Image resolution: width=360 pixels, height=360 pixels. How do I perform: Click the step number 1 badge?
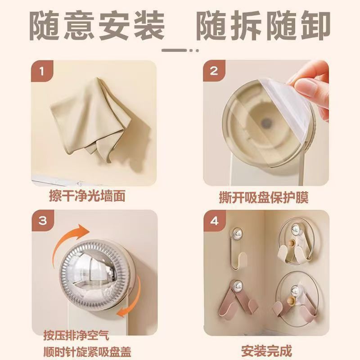42,72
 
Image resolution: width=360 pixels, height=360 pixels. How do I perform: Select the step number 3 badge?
42,220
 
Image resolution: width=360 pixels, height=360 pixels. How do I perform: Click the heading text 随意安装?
97,26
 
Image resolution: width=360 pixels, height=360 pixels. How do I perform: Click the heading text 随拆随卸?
264,26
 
